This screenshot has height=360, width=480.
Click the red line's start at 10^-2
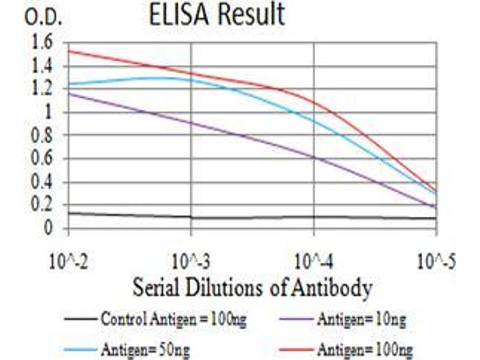(70, 50)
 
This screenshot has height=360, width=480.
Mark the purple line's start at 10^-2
(70, 93)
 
